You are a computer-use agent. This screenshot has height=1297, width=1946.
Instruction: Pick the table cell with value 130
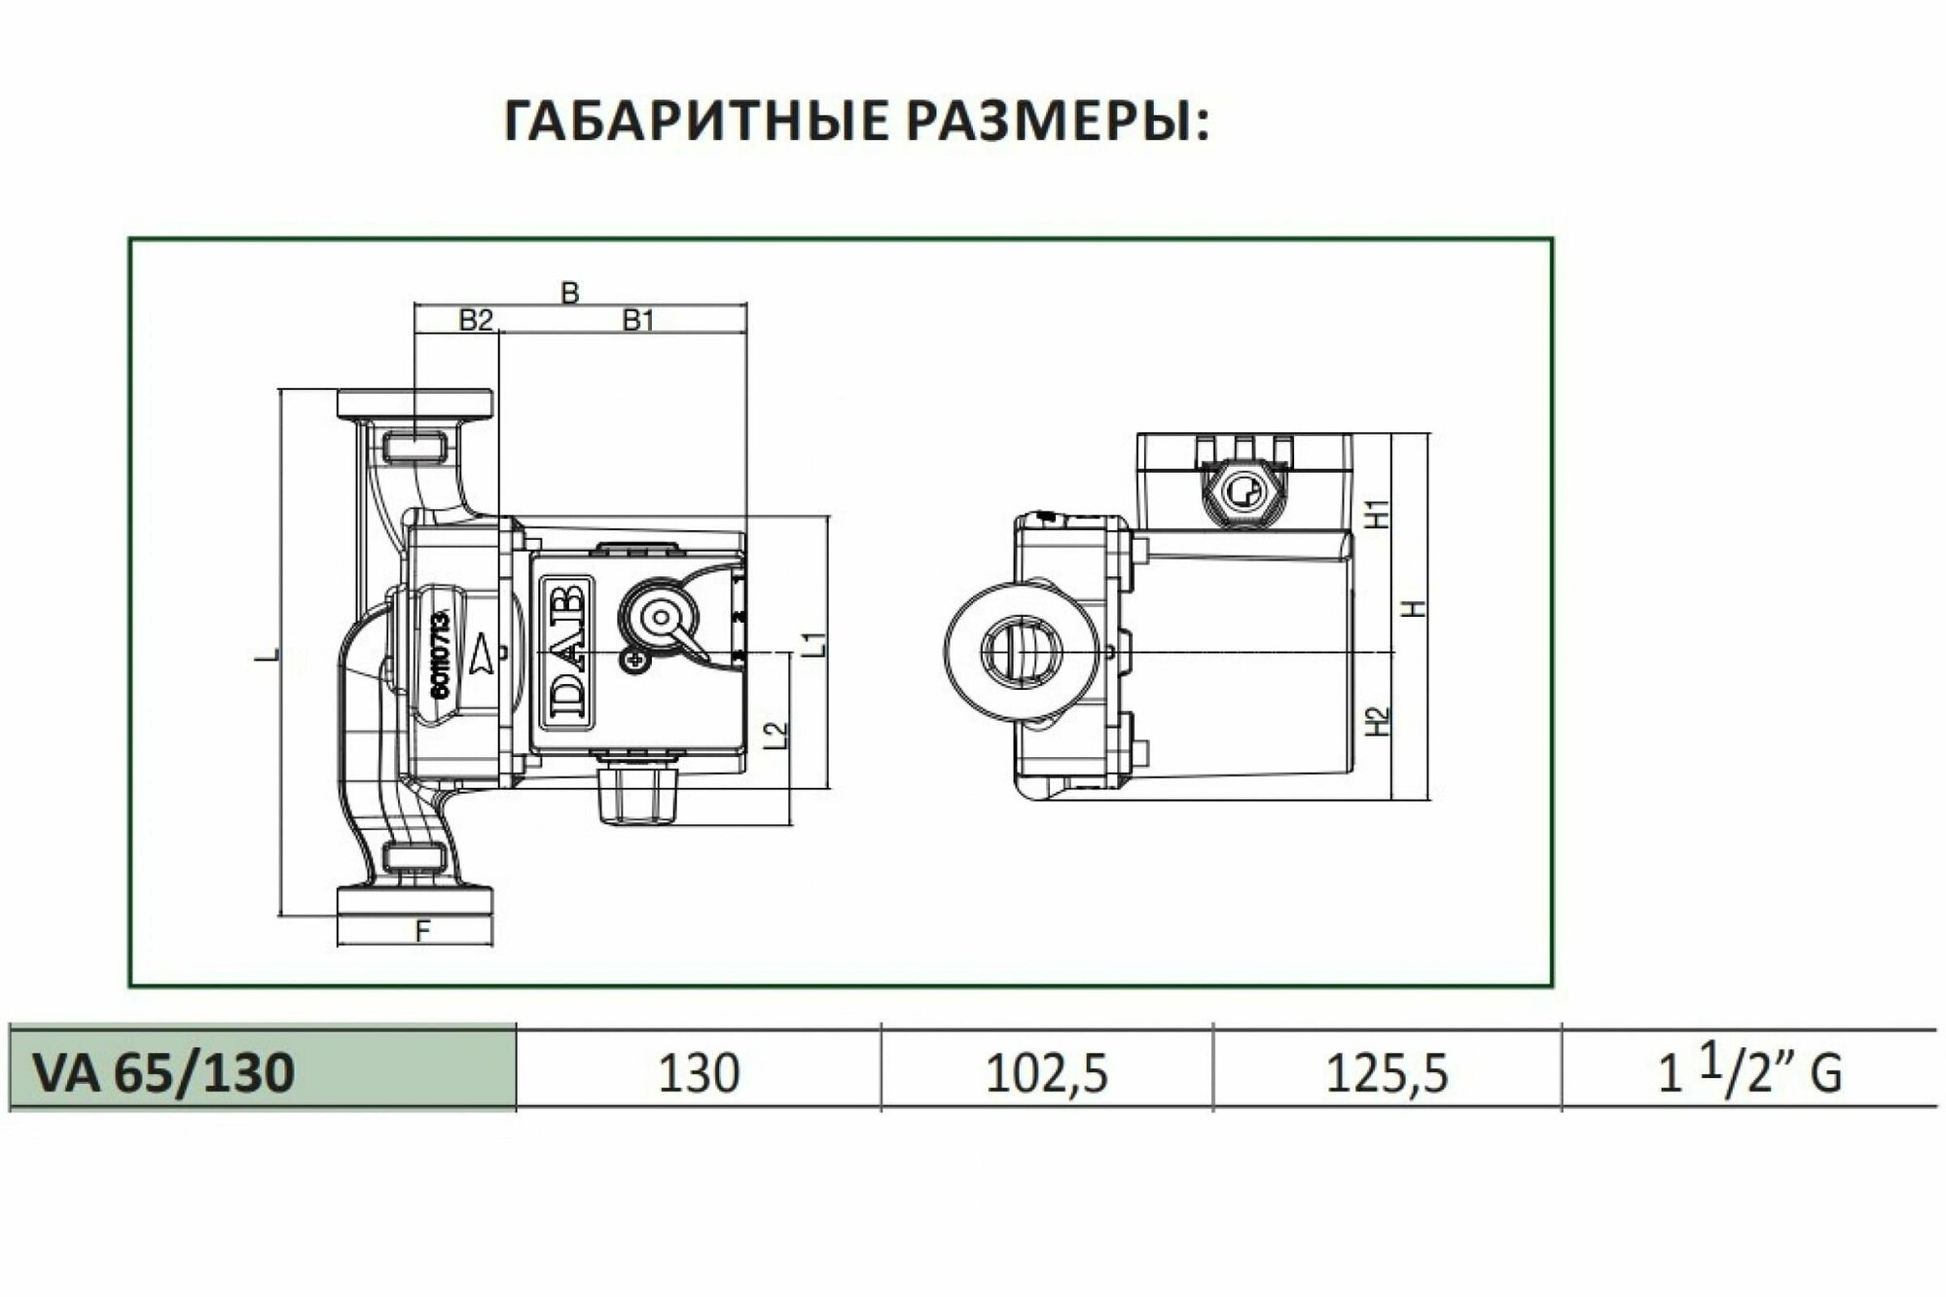pyautogui.click(x=699, y=1074)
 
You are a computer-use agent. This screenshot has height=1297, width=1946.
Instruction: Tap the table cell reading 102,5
pyautogui.click(x=1047, y=1074)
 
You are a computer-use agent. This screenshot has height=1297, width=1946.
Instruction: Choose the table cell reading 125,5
pyautogui.click(x=1387, y=1074)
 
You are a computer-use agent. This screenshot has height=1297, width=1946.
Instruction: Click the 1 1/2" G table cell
pyautogui.click(x=1748, y=1074)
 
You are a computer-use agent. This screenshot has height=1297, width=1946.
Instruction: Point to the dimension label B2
pyautogui.click(x=476, y=320)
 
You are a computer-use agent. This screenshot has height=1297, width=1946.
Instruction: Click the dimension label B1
pyautogui.click(x=638, y=320)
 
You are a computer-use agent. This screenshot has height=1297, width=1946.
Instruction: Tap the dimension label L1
pyautogui.click(x=815, y=644)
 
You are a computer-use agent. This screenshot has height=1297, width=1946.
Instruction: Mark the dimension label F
pyautogui.click(x=421, y=931)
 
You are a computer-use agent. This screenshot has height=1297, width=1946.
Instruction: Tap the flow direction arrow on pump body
pyautogui.click(x=483, y=658)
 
